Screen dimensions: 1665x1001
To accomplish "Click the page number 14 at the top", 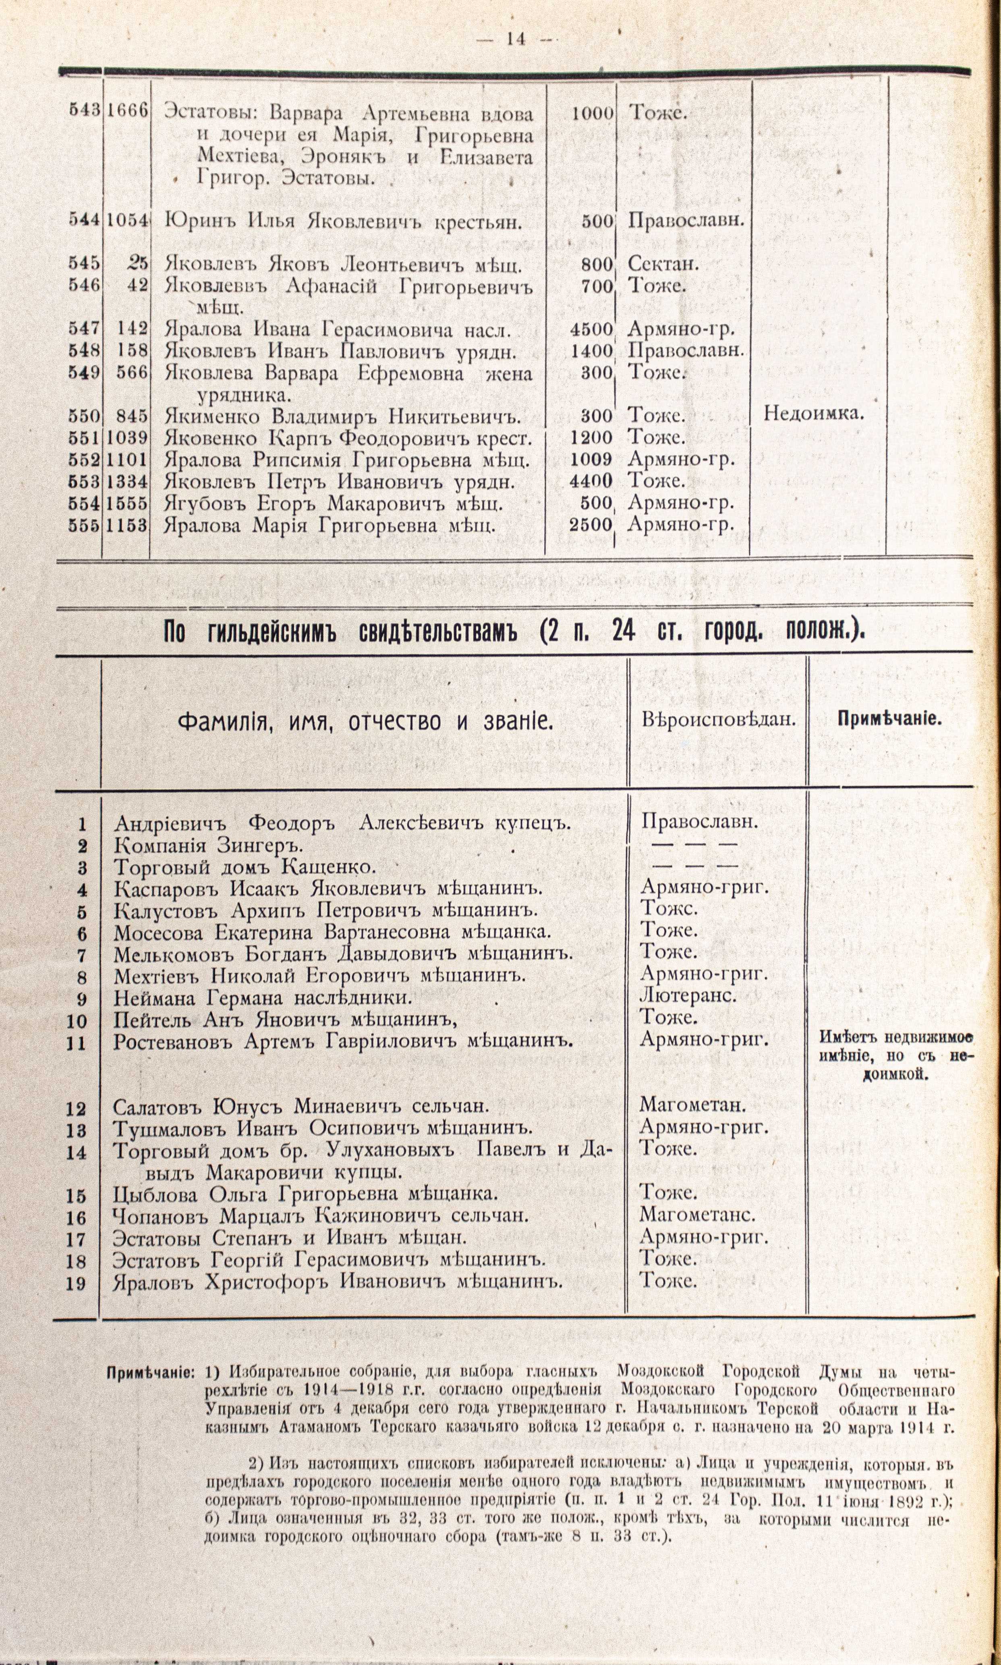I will click(515, 39).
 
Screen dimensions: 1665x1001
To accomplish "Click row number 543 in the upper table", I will click(84, 111).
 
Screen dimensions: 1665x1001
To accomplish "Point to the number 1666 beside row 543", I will click(126, 111).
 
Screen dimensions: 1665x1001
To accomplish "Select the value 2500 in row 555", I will click(591, 524).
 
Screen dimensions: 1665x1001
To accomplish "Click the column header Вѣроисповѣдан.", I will click(718, 720).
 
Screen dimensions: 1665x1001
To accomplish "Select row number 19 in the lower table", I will click(76, 1283).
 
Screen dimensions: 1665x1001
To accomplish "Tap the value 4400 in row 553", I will click(591, 481).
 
